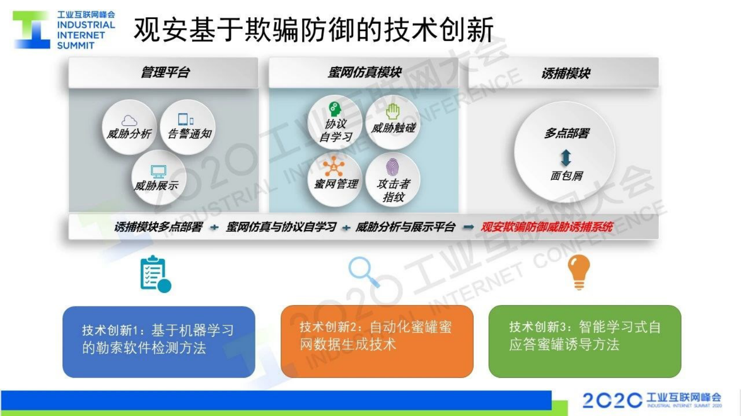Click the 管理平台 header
(x=164, y=73)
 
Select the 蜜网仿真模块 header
(x=364, y=72)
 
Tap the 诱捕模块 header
(x=565, y=73)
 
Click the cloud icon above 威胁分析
(x=129, y=121)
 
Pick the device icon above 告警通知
(x=185, y=120)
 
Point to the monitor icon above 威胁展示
(x=158, y=172)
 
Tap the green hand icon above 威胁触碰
(x=393, y=111)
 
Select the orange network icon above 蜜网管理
(x=334, y=166)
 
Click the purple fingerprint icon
(x=392, y=167)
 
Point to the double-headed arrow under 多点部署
(x=566, y=158)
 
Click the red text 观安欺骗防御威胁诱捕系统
(x=546, y=227)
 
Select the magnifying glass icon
(x=364, y=271)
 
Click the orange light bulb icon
(x=579, y=271)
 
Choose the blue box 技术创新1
(x=159, y=341)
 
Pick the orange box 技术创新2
(x=377, y=341)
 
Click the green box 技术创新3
(x=585, y=341)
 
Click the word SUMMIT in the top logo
(x=76, y=46)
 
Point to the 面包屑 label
(x=566, y=176)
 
